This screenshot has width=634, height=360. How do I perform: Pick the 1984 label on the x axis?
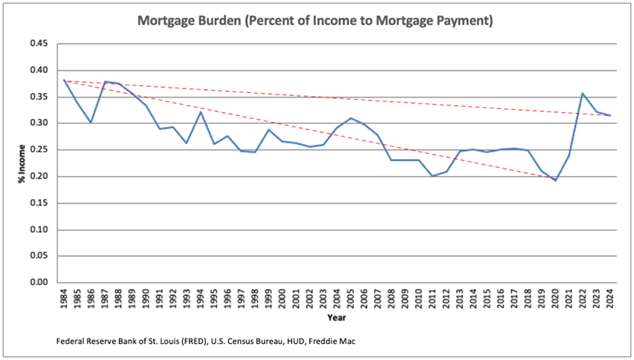pyautogui.click(x=64, y=297)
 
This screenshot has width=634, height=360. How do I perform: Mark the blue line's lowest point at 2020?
pyautogui.click(x=555, y=181)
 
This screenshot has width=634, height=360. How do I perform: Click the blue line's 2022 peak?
pyautogui.click(x=583, y=94)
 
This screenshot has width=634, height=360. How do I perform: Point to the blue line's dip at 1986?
pyautogui.click(x=91, y=122)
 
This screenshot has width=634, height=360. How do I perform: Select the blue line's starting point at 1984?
pyautogui.click(x=64, y=80)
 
